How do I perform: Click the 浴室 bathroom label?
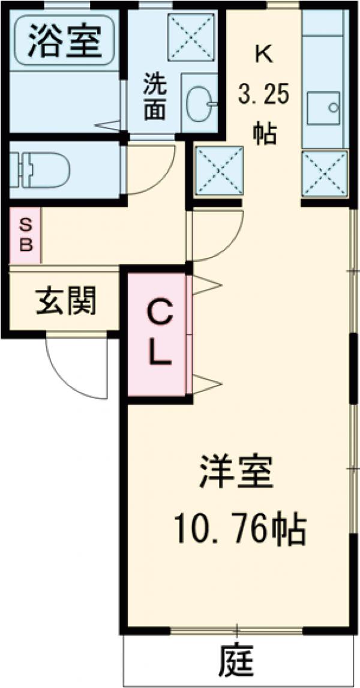click(63, 39)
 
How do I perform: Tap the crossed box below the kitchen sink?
click(325, 174)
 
